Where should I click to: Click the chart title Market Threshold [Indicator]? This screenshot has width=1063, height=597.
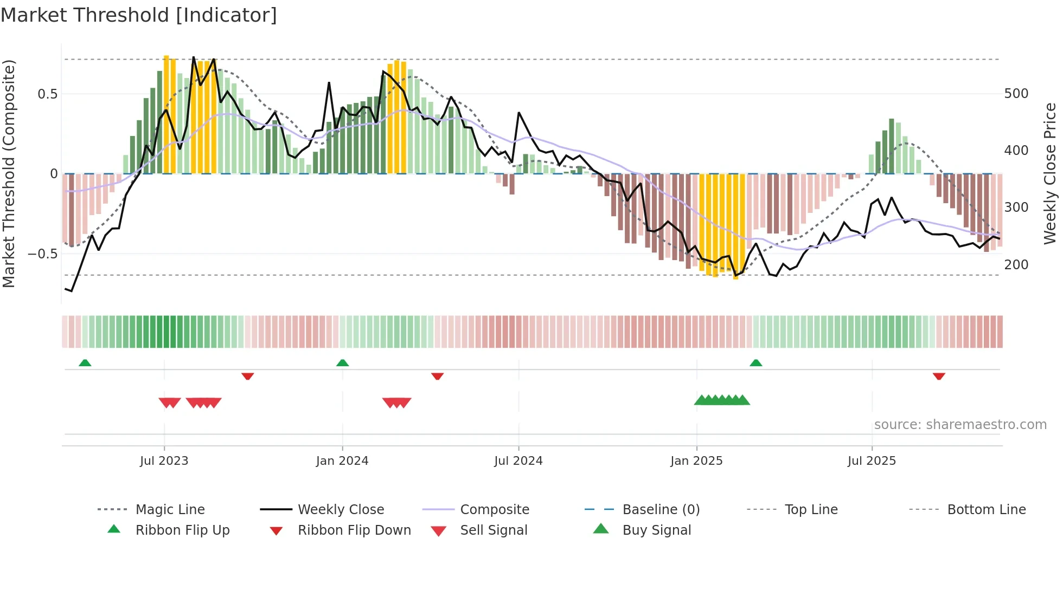(x=139, y=15)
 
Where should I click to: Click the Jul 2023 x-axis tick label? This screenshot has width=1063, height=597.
(x=164, y=461)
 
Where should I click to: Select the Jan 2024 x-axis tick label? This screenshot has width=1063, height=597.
(x=342, y=461)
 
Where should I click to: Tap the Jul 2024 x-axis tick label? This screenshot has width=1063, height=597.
(x=518, y=461)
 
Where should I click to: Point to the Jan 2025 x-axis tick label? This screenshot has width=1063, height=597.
(x=696, y=461)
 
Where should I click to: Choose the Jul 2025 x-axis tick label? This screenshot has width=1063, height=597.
(x=872, y=461)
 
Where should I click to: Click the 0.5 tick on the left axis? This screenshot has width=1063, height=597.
(x=48, y=94)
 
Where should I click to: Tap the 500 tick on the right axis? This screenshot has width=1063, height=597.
(x=1016, y=94)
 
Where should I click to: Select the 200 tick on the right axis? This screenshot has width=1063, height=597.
(x=1016, y=265)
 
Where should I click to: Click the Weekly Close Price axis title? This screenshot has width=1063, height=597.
(x=1051, y=173)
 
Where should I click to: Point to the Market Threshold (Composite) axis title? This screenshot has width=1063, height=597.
(x=9, y=173)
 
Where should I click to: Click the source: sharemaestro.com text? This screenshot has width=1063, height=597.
(x=960, y=425)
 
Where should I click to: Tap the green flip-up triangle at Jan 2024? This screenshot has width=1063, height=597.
(x=342, y=363)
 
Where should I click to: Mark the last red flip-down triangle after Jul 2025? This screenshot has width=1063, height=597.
(x=939, y=377)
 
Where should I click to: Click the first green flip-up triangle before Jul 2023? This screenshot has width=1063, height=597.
(x=85, y=363)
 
